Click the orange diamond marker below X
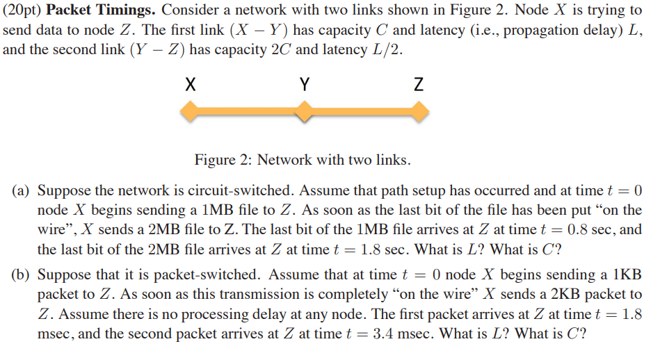tap(190, 111)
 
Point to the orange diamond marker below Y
tap(304, 111)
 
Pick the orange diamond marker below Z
tap(418, 111)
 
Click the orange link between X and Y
tap(247, 111)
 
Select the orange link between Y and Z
tap(361, 111)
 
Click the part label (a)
tap(21, 190)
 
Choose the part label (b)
tap(21, 274)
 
